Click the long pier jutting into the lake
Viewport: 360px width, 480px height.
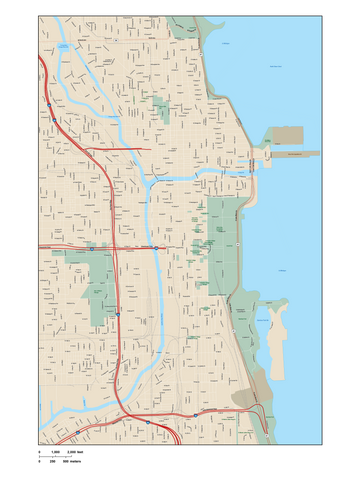click(296, 154)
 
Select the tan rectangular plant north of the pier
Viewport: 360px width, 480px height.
click(287, 135)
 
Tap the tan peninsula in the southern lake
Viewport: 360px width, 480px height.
click(277, 345)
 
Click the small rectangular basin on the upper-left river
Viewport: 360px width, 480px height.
click(64, 47)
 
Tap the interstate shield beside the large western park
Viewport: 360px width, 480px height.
click(117, 314)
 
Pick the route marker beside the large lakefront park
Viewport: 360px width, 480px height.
click(238, 244)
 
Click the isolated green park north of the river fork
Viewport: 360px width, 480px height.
click(161, 110)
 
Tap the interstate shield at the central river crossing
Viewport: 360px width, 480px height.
click(155, 247)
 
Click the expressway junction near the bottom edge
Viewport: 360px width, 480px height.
click(148, 422)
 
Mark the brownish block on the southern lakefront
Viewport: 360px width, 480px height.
click(246, 398)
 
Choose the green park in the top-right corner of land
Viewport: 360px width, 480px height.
click(186, 26)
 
